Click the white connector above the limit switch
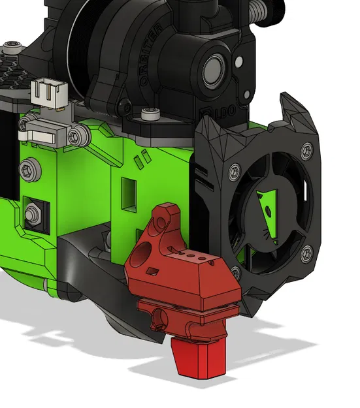tap(48, 93)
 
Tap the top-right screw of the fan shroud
tap(305, 150)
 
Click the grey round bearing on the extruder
tap(214, 67)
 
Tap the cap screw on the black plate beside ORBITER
tap(150, 118)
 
